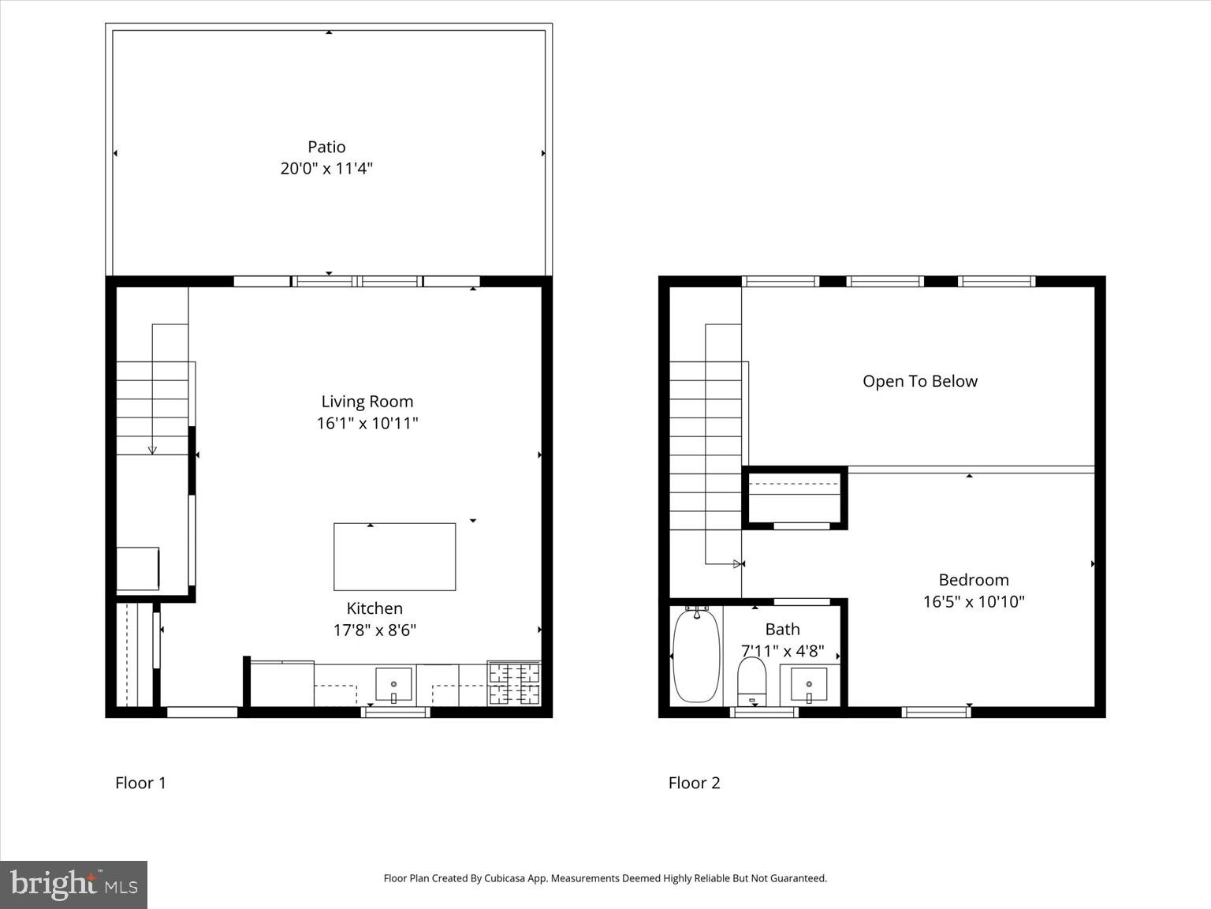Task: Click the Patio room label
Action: pyautogui.click(x=326, y=147)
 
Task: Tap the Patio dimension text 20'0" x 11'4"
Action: pyautogui.click(x=326, y=168)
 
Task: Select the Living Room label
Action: pyautogui.click(x=367, y=402)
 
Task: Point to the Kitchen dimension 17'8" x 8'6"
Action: pyautogui.click(x=374, y=630)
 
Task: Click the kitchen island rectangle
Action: pyautogui.click(x=394, y=557)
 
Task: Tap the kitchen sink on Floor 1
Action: pyautogui.click(x=393, y=684)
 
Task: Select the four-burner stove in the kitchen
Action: pyautogui.click(x=514, y=683)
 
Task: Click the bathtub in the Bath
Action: pyautogui.click(x=696, y=655)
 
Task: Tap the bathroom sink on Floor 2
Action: pyautogui.click(x=809, y=683)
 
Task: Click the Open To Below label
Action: pyautogui.click(x=919, y=381)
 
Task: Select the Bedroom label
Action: pyautogui.click(x=974, y=580)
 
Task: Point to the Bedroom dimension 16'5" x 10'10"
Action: pyautogui.click(x=974, y=601)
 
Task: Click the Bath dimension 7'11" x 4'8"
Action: pyautogui.click(x=782, y=651)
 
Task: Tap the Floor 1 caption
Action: pyautogui.click(x=140, y=783)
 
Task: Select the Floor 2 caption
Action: pyautogui.click(x=694, y=783)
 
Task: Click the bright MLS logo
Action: pyautogui.click(x=73, y=885)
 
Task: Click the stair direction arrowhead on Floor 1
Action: pyautogui.click(x=152, y=450)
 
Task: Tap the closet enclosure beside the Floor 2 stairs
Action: pyautogui.click(x=795, y=497)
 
